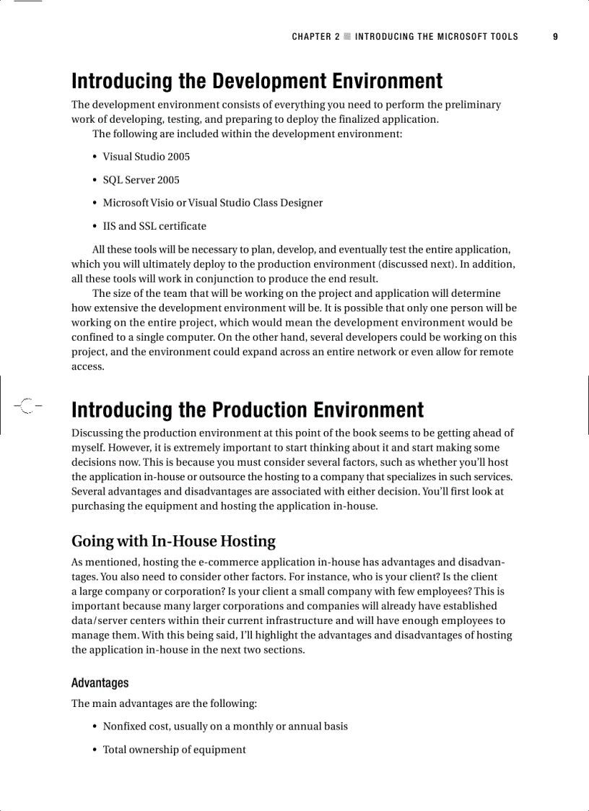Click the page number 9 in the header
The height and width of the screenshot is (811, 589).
coord(555,36)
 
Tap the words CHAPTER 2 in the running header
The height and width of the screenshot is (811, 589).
coord(315,36)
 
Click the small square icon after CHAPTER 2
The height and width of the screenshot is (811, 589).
coord(347,36)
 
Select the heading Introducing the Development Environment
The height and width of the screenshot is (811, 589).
coord(257,81)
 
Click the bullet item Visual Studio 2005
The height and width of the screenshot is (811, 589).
coord(146,157)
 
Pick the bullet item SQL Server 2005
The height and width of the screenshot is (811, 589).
coord(141,180)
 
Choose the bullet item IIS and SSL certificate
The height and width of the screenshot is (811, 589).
coord(154,226)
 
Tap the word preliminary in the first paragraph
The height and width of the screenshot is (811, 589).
coord(468,105)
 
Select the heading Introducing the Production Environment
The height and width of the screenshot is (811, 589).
coord(248,410)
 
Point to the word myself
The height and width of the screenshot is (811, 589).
coord(90,448)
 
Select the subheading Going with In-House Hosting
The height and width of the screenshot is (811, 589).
coord(173,541)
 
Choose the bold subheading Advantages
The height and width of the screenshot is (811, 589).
coord(100,682)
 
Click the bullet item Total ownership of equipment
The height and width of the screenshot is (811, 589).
coord(174,750)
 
